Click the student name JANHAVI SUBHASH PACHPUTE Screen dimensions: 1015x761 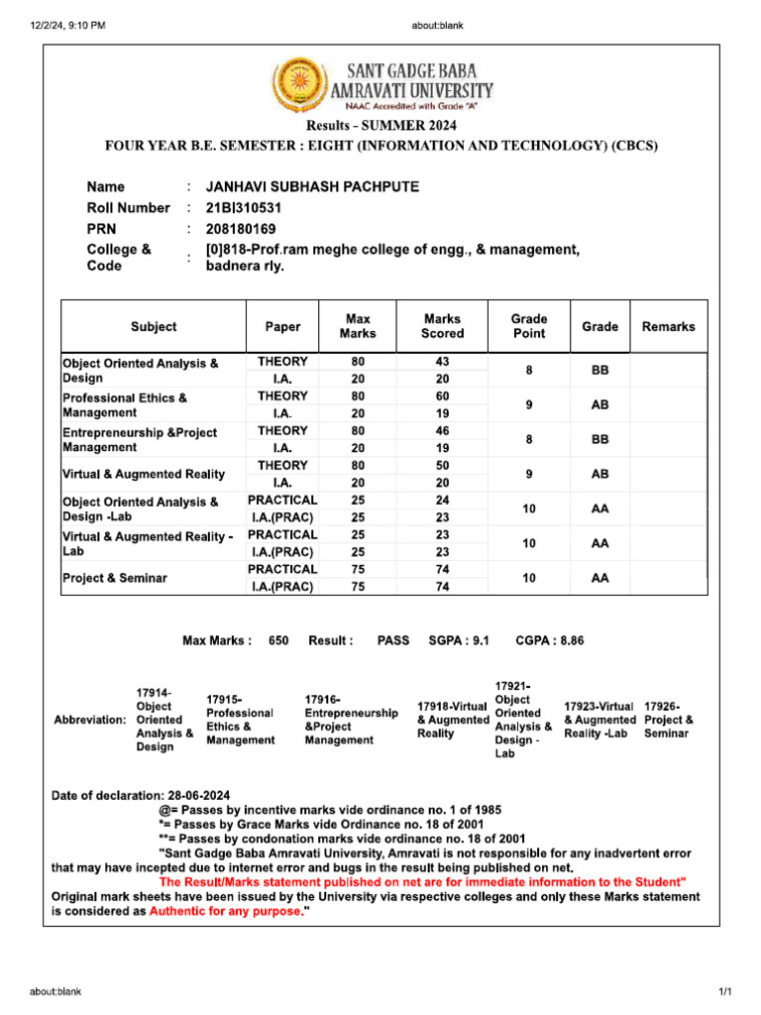[x=311, y=186]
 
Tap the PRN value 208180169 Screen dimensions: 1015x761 [x=241, y=229]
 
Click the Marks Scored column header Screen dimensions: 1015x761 [x=442, y=326]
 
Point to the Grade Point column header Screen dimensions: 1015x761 [x=528, y=326]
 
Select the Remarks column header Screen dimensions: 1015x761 [x=669, y=326]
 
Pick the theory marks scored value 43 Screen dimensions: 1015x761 [x=442, y=362]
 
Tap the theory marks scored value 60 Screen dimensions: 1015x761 [x=442, y=396]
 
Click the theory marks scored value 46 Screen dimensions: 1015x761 [x=442, y=431]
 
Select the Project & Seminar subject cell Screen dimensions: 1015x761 [x=115, y=578]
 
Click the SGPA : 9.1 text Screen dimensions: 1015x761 [x=459, y=640]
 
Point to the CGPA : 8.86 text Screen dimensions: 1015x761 [x=550, y=640]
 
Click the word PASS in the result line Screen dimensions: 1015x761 [x=393, y=640]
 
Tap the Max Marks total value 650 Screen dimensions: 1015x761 [x=278, y=640]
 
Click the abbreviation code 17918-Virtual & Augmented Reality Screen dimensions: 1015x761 [x=453, y=720]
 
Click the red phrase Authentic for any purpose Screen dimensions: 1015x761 [x=224, y=911]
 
